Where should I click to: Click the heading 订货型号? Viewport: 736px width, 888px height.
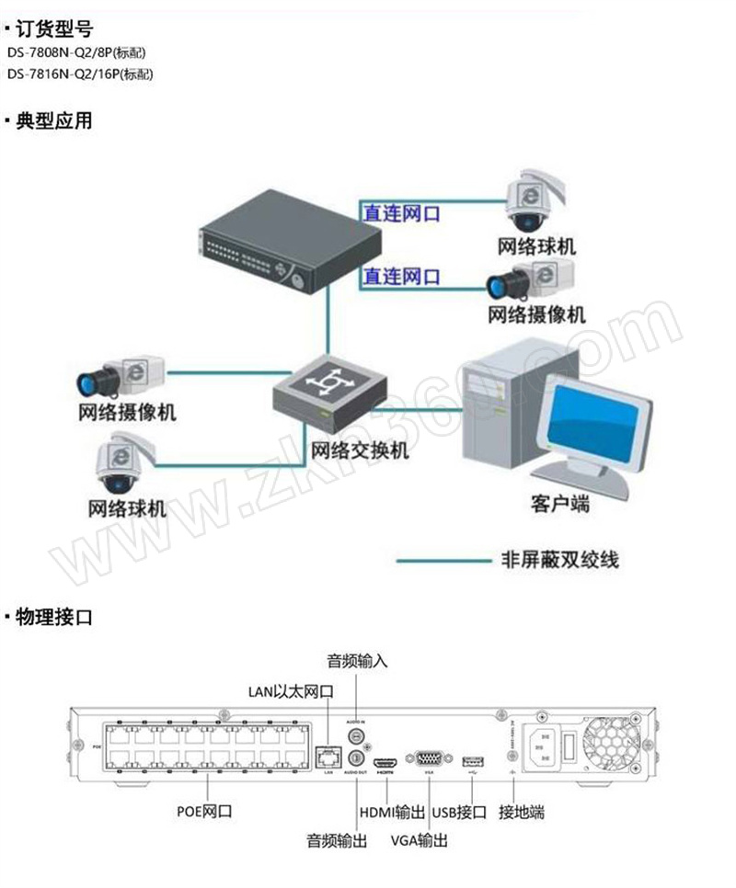coord(54,28)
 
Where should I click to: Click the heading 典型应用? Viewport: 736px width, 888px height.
coord(54,120)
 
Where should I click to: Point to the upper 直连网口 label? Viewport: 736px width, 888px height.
coord(401,213)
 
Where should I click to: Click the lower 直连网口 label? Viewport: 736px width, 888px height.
coord(401,275)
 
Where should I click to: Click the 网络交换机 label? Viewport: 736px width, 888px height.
coord(360,451)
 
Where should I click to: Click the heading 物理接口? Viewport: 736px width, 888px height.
coord(54,617)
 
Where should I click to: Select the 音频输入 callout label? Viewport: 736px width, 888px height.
coord(358,660)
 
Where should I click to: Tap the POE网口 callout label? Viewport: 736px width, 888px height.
coord(204,812)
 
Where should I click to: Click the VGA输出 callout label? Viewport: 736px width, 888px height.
coord(420,839)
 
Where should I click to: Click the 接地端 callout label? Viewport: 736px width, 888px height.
coord(522,812)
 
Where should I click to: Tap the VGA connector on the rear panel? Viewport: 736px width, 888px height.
coord(429,758)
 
